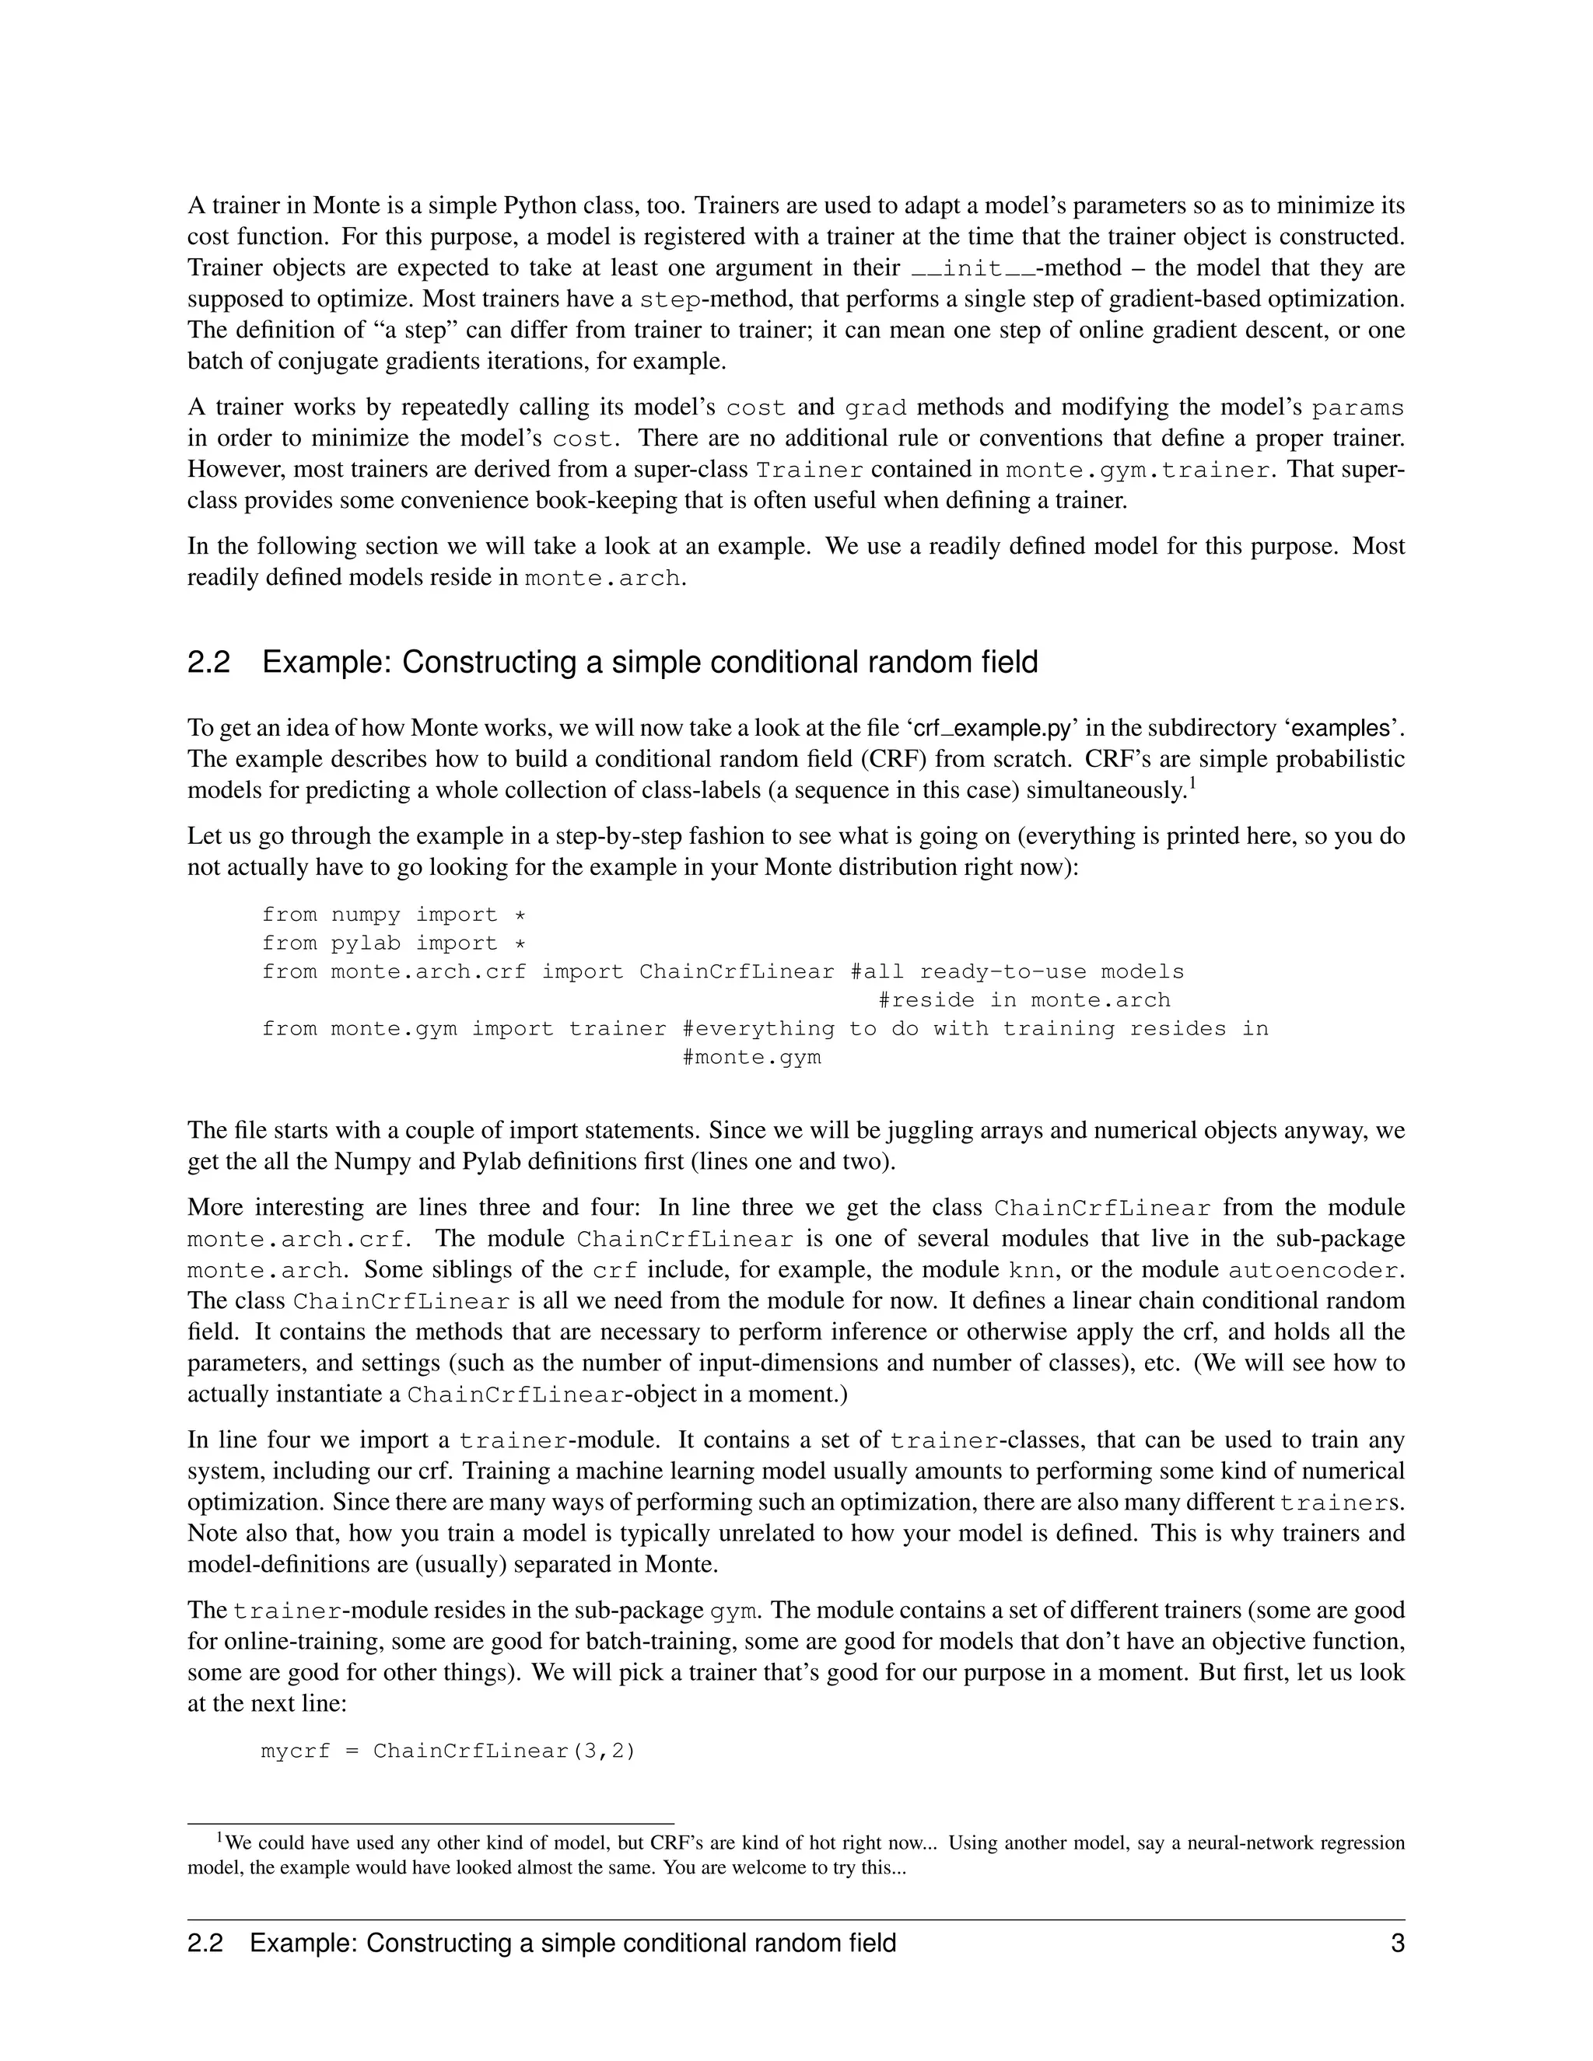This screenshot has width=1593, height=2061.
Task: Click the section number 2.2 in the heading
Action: (208, 663)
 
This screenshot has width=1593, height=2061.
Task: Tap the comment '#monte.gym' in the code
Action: (751, 1057)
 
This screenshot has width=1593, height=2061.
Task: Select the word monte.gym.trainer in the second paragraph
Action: (1137, 470)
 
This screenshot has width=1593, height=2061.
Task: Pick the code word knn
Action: (1031, 1270)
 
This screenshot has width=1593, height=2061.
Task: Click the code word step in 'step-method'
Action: (670, 300)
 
